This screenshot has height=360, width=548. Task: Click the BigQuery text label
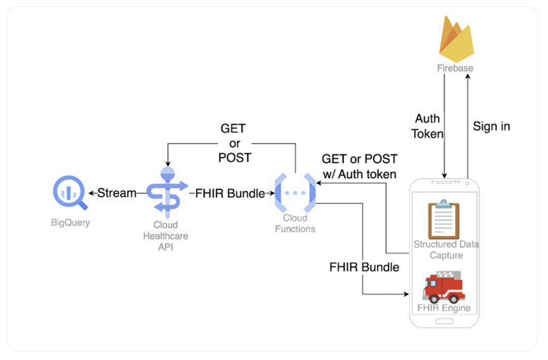(69, 223)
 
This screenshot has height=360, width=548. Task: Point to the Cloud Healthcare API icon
(166, 193)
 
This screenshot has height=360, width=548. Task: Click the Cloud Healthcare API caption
(166, 236)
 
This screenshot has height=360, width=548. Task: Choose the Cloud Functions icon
(294, 193)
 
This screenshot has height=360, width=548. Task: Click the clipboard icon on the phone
(443, 218)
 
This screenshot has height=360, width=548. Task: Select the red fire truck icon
(443, 287)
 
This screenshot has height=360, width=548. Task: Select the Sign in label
(491, 126)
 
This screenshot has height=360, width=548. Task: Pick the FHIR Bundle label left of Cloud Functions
(229, 193)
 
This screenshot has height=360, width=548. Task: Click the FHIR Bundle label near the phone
(364, 268)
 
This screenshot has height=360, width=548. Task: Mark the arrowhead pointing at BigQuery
(93, 193)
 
